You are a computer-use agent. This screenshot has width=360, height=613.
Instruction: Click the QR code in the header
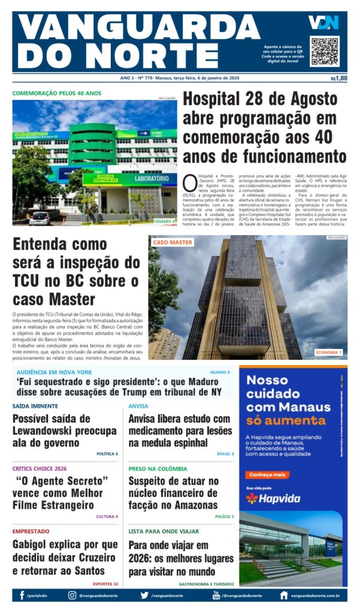click(x=325, y=51)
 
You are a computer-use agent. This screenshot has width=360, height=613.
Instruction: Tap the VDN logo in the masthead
click(x=323, y=23)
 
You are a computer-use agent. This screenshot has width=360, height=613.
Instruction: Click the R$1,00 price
click(x=338, y=78)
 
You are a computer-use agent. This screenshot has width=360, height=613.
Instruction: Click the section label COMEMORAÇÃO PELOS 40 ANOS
click(x=57, y=93)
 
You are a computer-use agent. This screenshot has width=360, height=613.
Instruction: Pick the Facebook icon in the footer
click(x=22, y=596)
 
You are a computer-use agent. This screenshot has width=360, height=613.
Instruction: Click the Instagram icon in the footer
click(x=72, y=596)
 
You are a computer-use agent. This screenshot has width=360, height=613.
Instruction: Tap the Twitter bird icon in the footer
click(x=144, y=596)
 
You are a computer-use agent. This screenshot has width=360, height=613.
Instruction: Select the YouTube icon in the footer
click(x=216, y=596)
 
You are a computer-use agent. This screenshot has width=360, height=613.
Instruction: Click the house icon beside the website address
click(x=284, y=596)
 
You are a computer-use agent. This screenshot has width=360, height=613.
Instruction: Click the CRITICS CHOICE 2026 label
click(x=40, y=469)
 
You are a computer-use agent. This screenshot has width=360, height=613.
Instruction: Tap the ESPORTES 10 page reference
click(x=105, y=584)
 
